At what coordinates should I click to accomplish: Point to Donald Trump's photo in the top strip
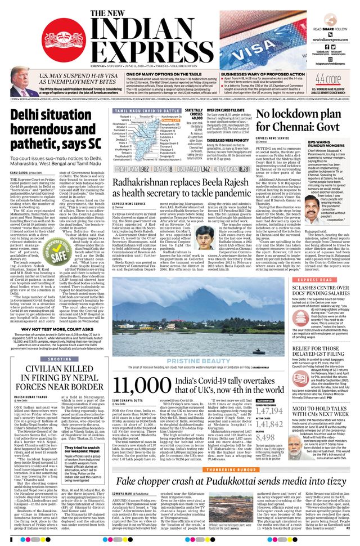[22, 90]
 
